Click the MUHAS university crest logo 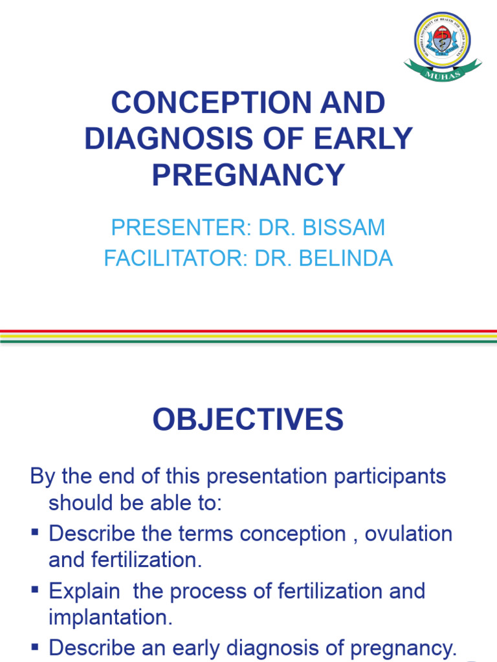(442, 40)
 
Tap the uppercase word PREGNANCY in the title (248, 175)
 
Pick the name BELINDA (350, 259)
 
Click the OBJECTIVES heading (248, 420)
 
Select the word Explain (84, 591)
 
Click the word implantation (110, 618)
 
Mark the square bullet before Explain (35, 590)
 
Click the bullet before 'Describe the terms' (35, 533)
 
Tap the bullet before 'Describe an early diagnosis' (35, 647)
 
